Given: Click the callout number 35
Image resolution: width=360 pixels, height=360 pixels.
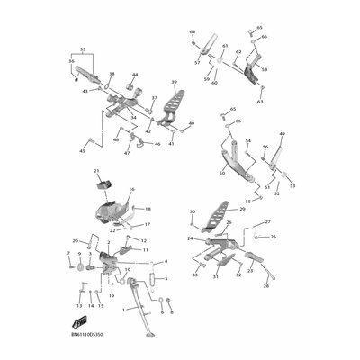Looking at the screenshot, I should point(83,50).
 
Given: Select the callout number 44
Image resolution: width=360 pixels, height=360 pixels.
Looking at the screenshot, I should point(135,75).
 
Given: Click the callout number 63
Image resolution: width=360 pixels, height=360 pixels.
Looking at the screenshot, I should point(260,102).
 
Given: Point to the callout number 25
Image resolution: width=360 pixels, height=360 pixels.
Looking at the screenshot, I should point(273,237).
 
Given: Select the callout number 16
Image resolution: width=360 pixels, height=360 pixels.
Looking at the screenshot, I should point(130,190).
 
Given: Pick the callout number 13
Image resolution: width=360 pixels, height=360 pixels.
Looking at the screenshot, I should point(78,307).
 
